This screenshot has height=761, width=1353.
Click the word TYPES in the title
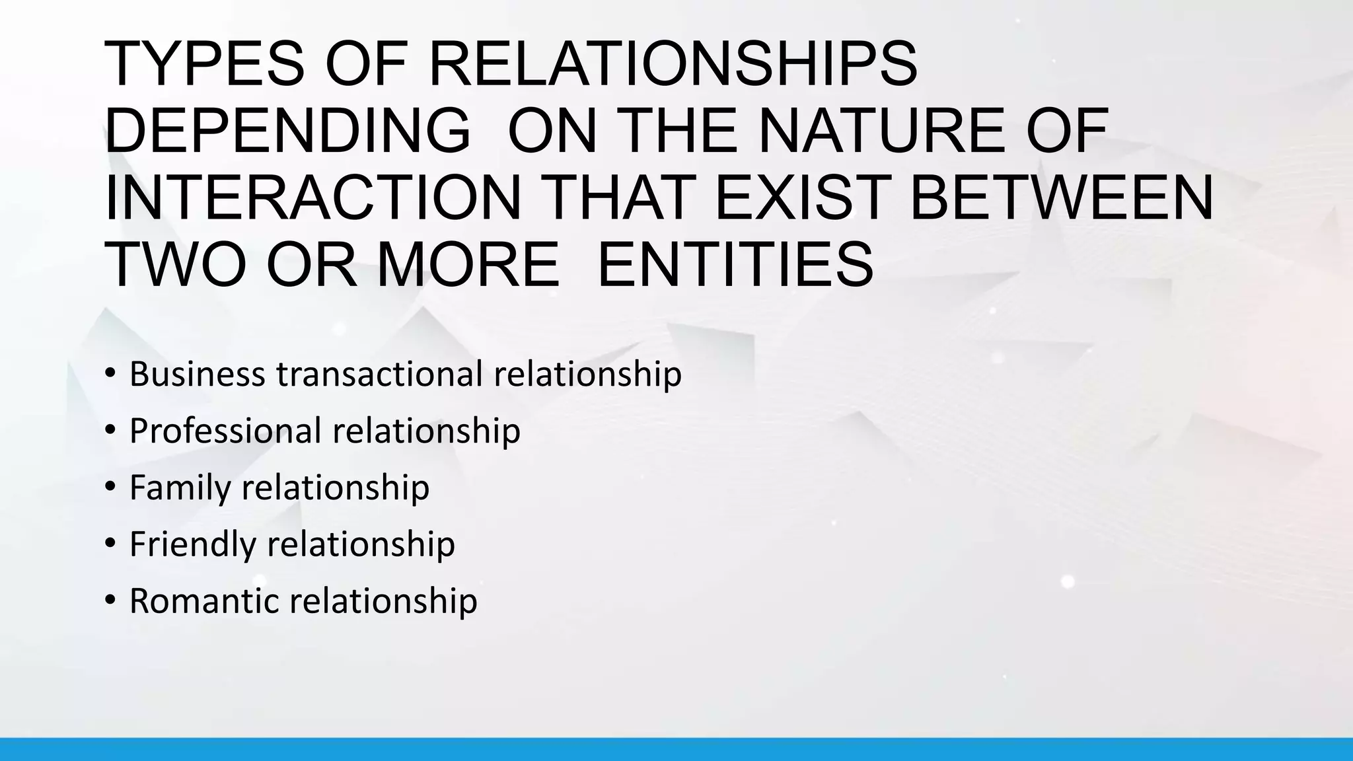pos(204,64)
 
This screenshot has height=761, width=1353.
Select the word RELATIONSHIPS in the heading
pos(673,64)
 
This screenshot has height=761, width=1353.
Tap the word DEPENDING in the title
pos(288,131)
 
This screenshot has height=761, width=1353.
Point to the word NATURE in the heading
pos(885,131)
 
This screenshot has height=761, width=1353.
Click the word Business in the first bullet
pos(198,374)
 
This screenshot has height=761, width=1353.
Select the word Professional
pos(225,431)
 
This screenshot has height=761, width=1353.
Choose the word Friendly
pos(192,545)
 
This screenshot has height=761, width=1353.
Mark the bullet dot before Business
pos(110,374)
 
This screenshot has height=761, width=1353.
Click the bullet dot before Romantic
pos(110,601)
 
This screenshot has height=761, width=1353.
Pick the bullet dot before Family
pos(110,488)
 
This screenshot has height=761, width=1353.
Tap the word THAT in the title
pos(625,199)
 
